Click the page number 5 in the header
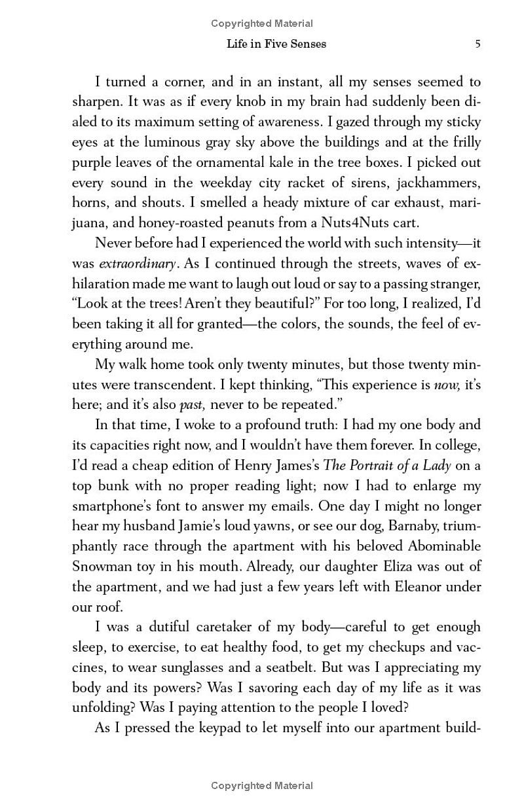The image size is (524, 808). coord(477,44)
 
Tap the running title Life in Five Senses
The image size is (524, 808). coord(276,44)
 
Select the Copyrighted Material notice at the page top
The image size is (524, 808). coord(262,24)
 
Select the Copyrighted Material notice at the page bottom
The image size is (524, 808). coord(262,786)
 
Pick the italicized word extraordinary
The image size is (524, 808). coord(137,264)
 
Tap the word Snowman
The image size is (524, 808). coord(101,567)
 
